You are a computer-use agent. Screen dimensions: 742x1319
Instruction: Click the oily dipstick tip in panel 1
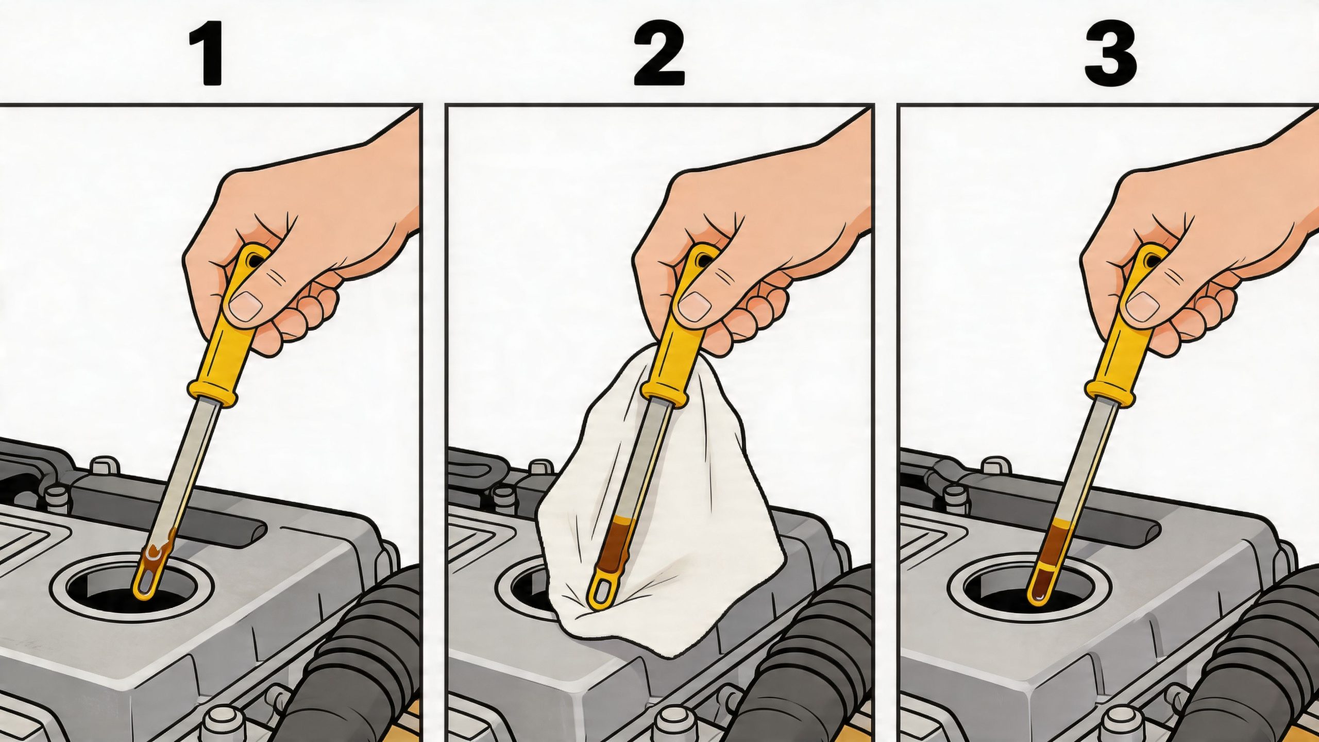click(152, 572)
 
